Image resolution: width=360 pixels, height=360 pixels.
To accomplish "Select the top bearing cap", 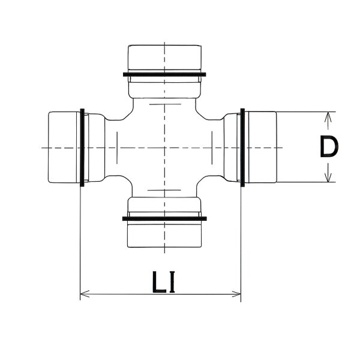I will click(163, 58).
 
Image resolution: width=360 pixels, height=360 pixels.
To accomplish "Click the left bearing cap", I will click(62, 147).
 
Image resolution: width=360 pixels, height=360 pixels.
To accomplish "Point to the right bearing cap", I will click(262, 147).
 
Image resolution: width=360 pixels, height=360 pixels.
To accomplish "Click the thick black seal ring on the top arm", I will click(163, 75).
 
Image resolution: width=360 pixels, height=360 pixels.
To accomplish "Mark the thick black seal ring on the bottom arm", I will click(163, 218).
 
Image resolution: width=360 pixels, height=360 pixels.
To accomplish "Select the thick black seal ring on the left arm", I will click(82, 147).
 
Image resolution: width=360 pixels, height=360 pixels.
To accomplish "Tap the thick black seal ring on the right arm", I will click(242, 147).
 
